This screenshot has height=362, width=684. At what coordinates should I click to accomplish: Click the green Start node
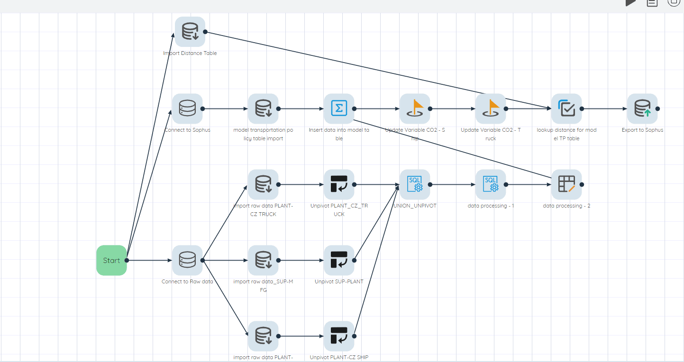point(111,260)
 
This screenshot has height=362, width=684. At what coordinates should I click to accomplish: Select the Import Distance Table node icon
point(190,32)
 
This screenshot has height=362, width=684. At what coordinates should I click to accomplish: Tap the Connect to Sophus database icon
point(187,109)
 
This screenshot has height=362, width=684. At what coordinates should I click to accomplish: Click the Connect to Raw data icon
point(187,260)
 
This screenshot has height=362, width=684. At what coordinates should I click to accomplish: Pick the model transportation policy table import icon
point(263,109)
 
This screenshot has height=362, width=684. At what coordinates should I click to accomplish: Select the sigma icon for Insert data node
point(339,109)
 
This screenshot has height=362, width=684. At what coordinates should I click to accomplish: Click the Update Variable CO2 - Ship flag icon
point(415,109)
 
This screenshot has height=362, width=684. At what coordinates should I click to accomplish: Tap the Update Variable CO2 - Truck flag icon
point(491,109)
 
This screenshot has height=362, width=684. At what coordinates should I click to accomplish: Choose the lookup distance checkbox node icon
point(566,109)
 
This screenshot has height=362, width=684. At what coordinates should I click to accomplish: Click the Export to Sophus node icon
point(642,109)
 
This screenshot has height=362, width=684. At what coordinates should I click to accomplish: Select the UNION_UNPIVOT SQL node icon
point(415,184)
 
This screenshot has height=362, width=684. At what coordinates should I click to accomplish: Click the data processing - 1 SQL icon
point(491,184)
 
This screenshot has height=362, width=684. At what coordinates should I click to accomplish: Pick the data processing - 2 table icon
point(566,184)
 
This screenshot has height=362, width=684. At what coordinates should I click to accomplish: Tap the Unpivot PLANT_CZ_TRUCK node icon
point(339,184)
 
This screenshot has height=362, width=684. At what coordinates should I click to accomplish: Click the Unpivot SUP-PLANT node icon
point(339,260)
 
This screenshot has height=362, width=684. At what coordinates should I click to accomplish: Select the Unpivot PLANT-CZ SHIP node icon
point(339,336)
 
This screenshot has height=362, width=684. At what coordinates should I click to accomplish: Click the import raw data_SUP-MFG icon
point(263,260)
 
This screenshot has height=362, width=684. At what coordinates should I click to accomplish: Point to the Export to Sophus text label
point(642,130)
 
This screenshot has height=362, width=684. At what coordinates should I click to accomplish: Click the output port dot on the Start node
point(127,260)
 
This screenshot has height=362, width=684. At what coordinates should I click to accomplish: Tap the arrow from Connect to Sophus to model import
point(225,109)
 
